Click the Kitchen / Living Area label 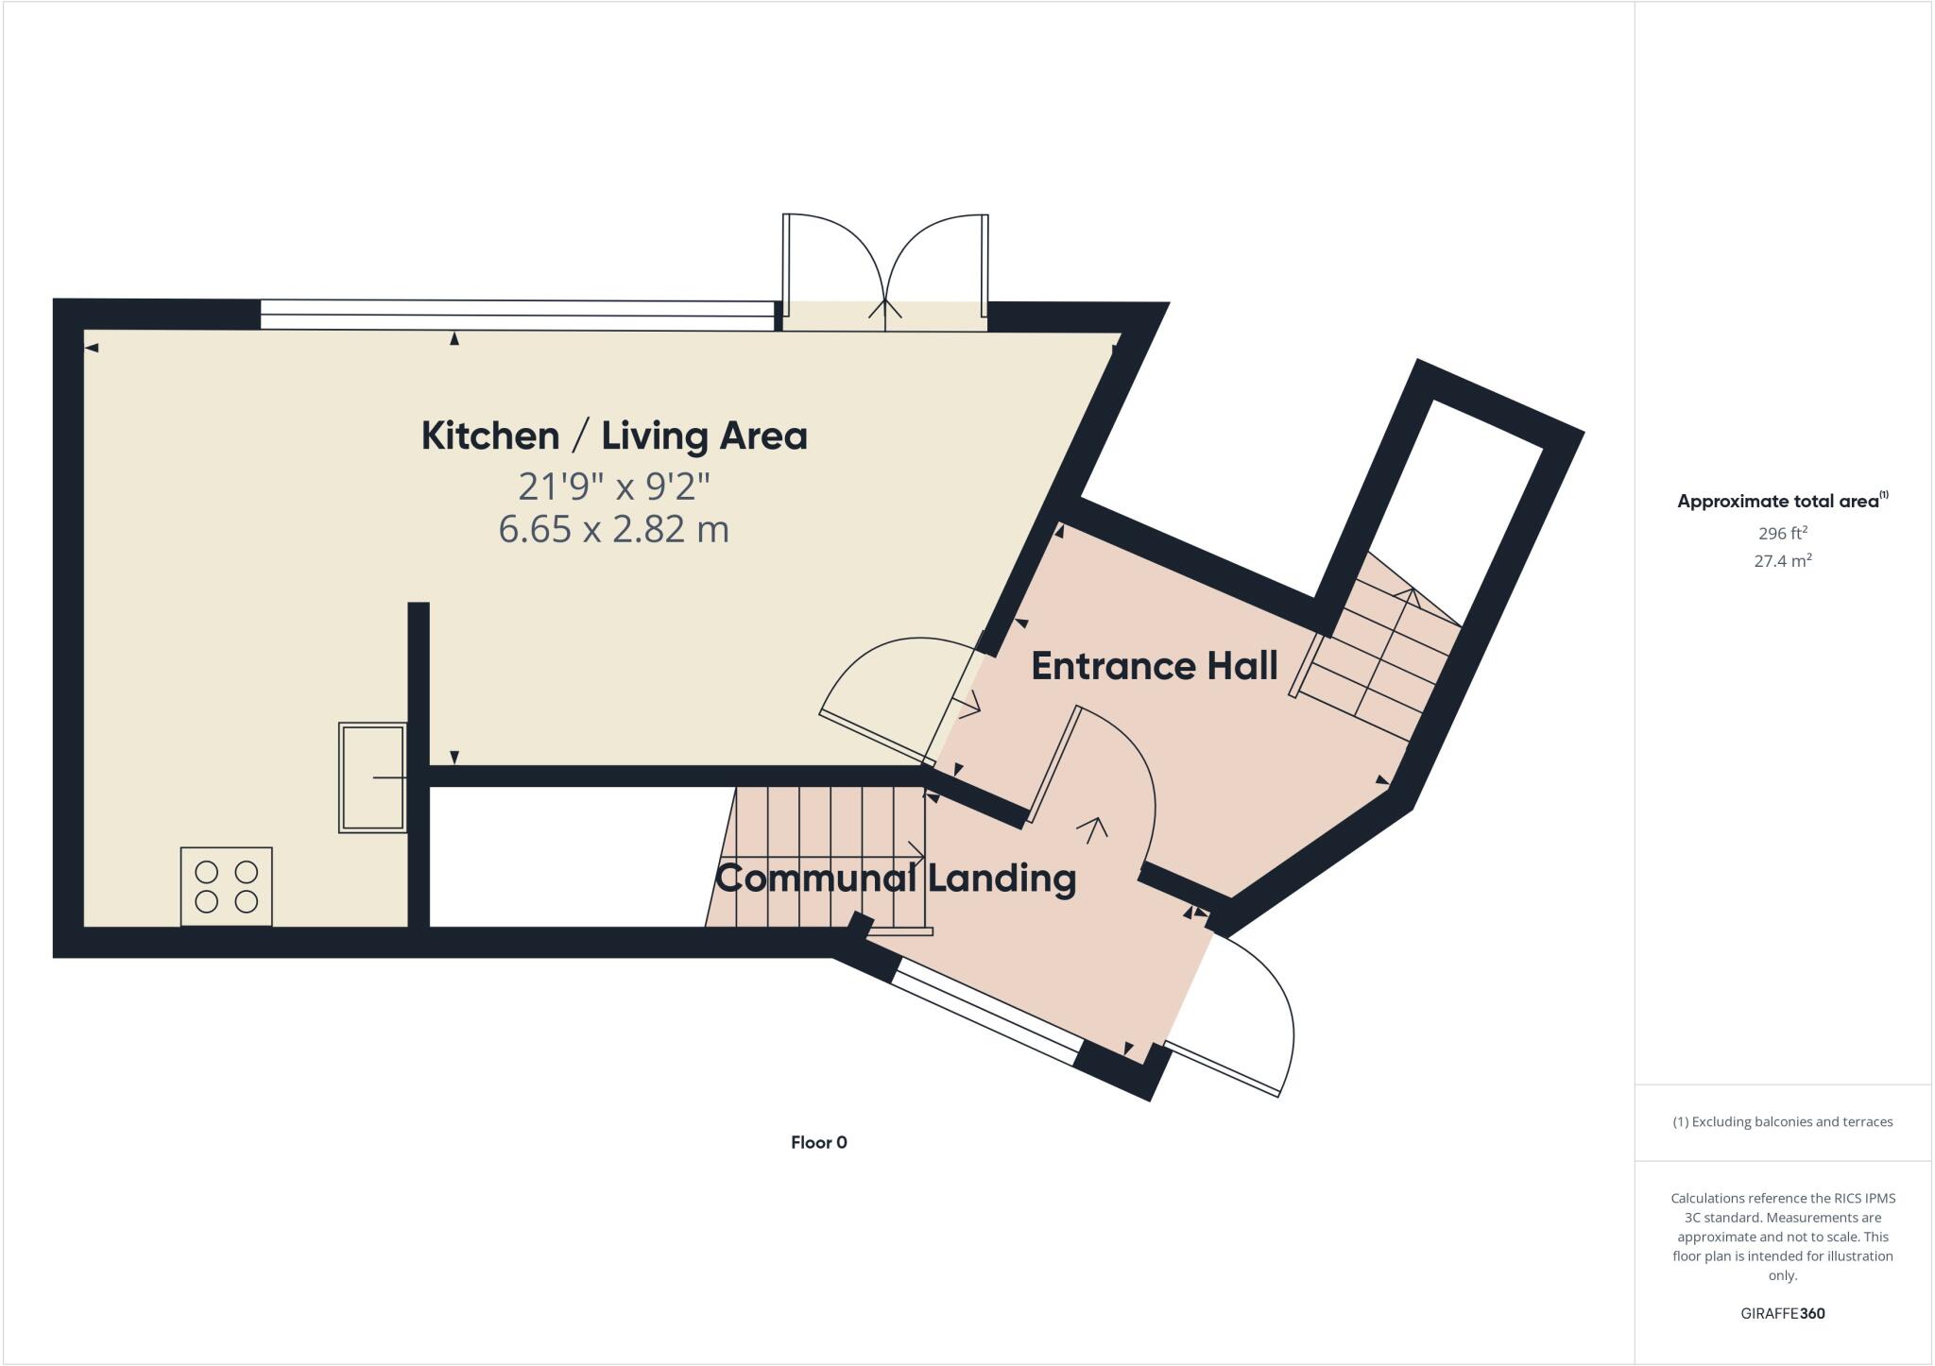(614, 435)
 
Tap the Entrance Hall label (1154, 666)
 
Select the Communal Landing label (896, 878)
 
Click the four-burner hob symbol (227, 886)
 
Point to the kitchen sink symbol (372, 777)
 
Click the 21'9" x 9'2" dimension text (614, 487)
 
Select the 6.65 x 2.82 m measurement (614, 529)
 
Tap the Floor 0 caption (818, 1142)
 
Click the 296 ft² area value (1782, 533)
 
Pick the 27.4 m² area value (1782, 560)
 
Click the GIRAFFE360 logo (1782, 1313)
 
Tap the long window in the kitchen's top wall (517, 315)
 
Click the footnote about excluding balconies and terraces (1782, 1122)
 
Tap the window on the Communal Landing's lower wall (985, 1014)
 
